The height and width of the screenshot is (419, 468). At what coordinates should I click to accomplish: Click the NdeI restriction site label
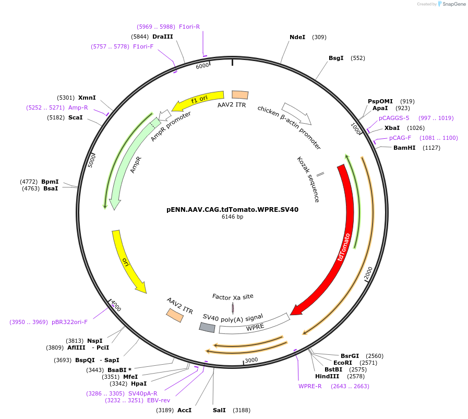pos(297,37)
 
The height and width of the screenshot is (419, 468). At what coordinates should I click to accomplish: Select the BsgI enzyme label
pos(336,58)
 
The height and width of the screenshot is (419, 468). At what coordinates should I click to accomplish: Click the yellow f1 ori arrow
pos(198,100)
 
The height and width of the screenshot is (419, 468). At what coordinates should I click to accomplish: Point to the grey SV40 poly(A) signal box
pos(207,327)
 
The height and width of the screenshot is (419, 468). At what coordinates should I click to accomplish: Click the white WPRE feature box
pos(255,324)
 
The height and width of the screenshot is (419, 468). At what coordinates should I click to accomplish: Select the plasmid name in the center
pos(232,209)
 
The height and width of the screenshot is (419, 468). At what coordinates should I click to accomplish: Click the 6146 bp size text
pos(232,217)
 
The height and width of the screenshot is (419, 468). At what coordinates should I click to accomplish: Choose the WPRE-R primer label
pos(310,386)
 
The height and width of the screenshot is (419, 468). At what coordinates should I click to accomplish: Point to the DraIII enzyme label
pos(162,37)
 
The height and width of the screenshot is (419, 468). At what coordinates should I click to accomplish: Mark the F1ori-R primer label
pos(189,26)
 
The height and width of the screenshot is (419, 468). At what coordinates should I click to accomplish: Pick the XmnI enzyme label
pos(87,98)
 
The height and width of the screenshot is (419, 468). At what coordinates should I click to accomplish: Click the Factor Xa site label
pos(233,296)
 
